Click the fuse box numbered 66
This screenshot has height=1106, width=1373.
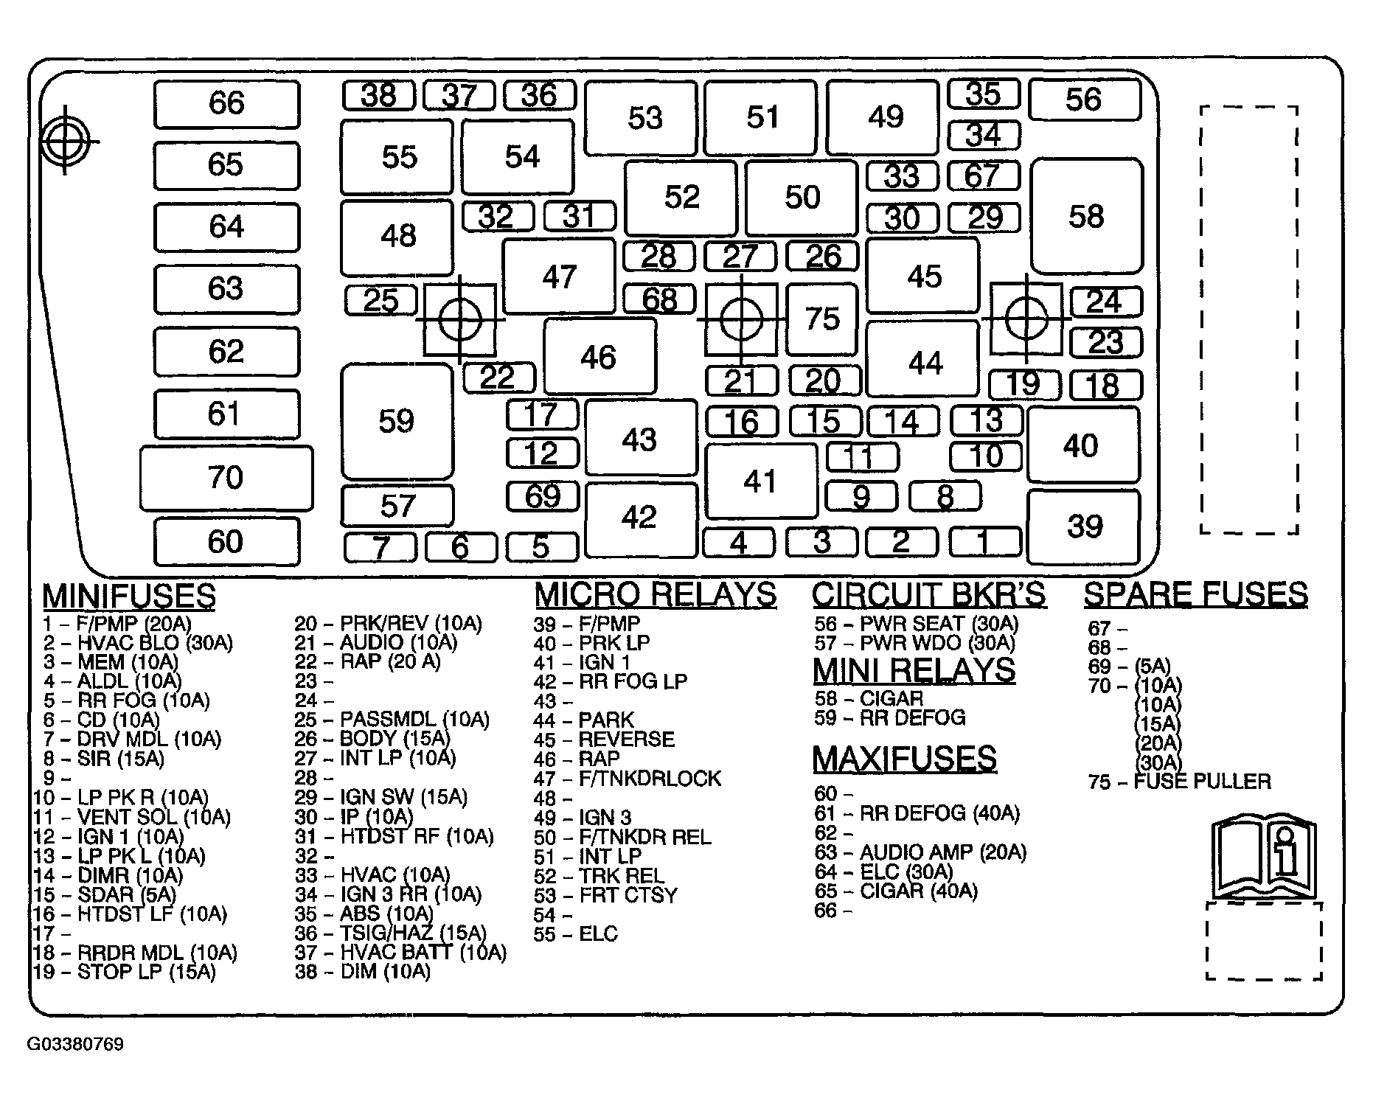click(227, 104)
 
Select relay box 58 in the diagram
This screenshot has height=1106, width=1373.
click(1087, 216)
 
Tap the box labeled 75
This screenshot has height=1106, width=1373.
click(822, 319)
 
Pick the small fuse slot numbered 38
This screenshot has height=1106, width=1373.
click(379, 95)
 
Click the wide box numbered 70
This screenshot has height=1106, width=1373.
click(226, 478)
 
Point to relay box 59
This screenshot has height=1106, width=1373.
click(397, 421)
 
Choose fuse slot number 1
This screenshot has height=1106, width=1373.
click(985, 542)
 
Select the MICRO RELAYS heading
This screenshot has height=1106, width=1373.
click(656, 594)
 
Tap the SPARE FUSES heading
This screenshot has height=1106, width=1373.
click(1196, 594)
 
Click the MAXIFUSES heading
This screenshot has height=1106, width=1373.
click(905, 759)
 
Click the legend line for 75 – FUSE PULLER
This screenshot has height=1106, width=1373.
click(1180, 782)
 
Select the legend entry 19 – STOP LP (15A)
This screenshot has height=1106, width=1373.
click(125, 972)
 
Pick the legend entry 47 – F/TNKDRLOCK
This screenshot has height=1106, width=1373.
click(628, 779)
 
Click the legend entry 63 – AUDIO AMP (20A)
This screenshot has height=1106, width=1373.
click(920, 852)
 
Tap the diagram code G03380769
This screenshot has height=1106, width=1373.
click(75, 1045)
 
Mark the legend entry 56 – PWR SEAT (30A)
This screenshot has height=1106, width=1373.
click(917, 624)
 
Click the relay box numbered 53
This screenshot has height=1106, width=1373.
click(642, 118)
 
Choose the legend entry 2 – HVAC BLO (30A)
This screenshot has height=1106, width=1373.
click(138, 643)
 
